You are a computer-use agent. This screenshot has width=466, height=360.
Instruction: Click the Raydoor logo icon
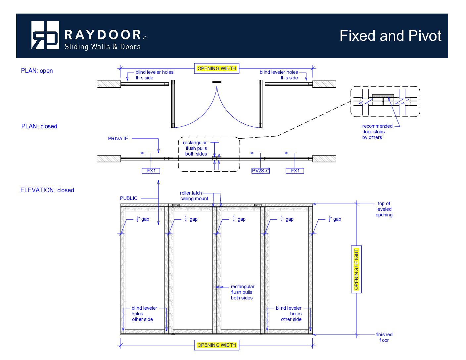tap(45, 35)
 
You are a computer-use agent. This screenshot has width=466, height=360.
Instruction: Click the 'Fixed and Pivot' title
tap(390, 36)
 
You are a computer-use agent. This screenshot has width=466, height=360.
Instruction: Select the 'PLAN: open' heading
tap(37, 71)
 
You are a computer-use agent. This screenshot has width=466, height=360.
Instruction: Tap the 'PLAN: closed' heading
tap(39, 126)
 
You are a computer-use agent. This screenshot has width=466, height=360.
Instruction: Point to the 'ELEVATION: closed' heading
tap(47, 190)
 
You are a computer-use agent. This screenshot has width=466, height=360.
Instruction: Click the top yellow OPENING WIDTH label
tap(216, 68)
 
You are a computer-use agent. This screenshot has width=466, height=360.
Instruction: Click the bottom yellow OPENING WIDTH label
tap(216, 345)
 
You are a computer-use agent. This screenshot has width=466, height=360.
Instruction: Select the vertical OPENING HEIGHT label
tap(356, 269)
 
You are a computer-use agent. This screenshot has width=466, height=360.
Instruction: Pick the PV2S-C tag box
tap(260, 171)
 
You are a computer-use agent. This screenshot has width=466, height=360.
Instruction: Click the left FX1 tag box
tap(151, 171)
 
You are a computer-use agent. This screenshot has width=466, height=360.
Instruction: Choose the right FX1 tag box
tap(295, 171)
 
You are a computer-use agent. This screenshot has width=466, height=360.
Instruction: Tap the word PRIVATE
tap(118, 139)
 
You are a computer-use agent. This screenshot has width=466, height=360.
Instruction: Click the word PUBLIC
tap(128, 198)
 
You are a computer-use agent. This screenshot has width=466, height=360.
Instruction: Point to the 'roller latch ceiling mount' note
tap(194, 196)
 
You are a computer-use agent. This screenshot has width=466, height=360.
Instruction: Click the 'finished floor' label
tap(384, 337)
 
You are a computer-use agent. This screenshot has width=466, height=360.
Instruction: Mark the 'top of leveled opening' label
tap(384, 209)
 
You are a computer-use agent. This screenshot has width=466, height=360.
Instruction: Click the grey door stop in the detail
tap(383, 96)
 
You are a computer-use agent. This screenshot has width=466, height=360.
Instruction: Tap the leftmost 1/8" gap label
tap(143, 219)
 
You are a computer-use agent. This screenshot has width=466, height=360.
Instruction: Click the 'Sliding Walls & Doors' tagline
tap(103, 47)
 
